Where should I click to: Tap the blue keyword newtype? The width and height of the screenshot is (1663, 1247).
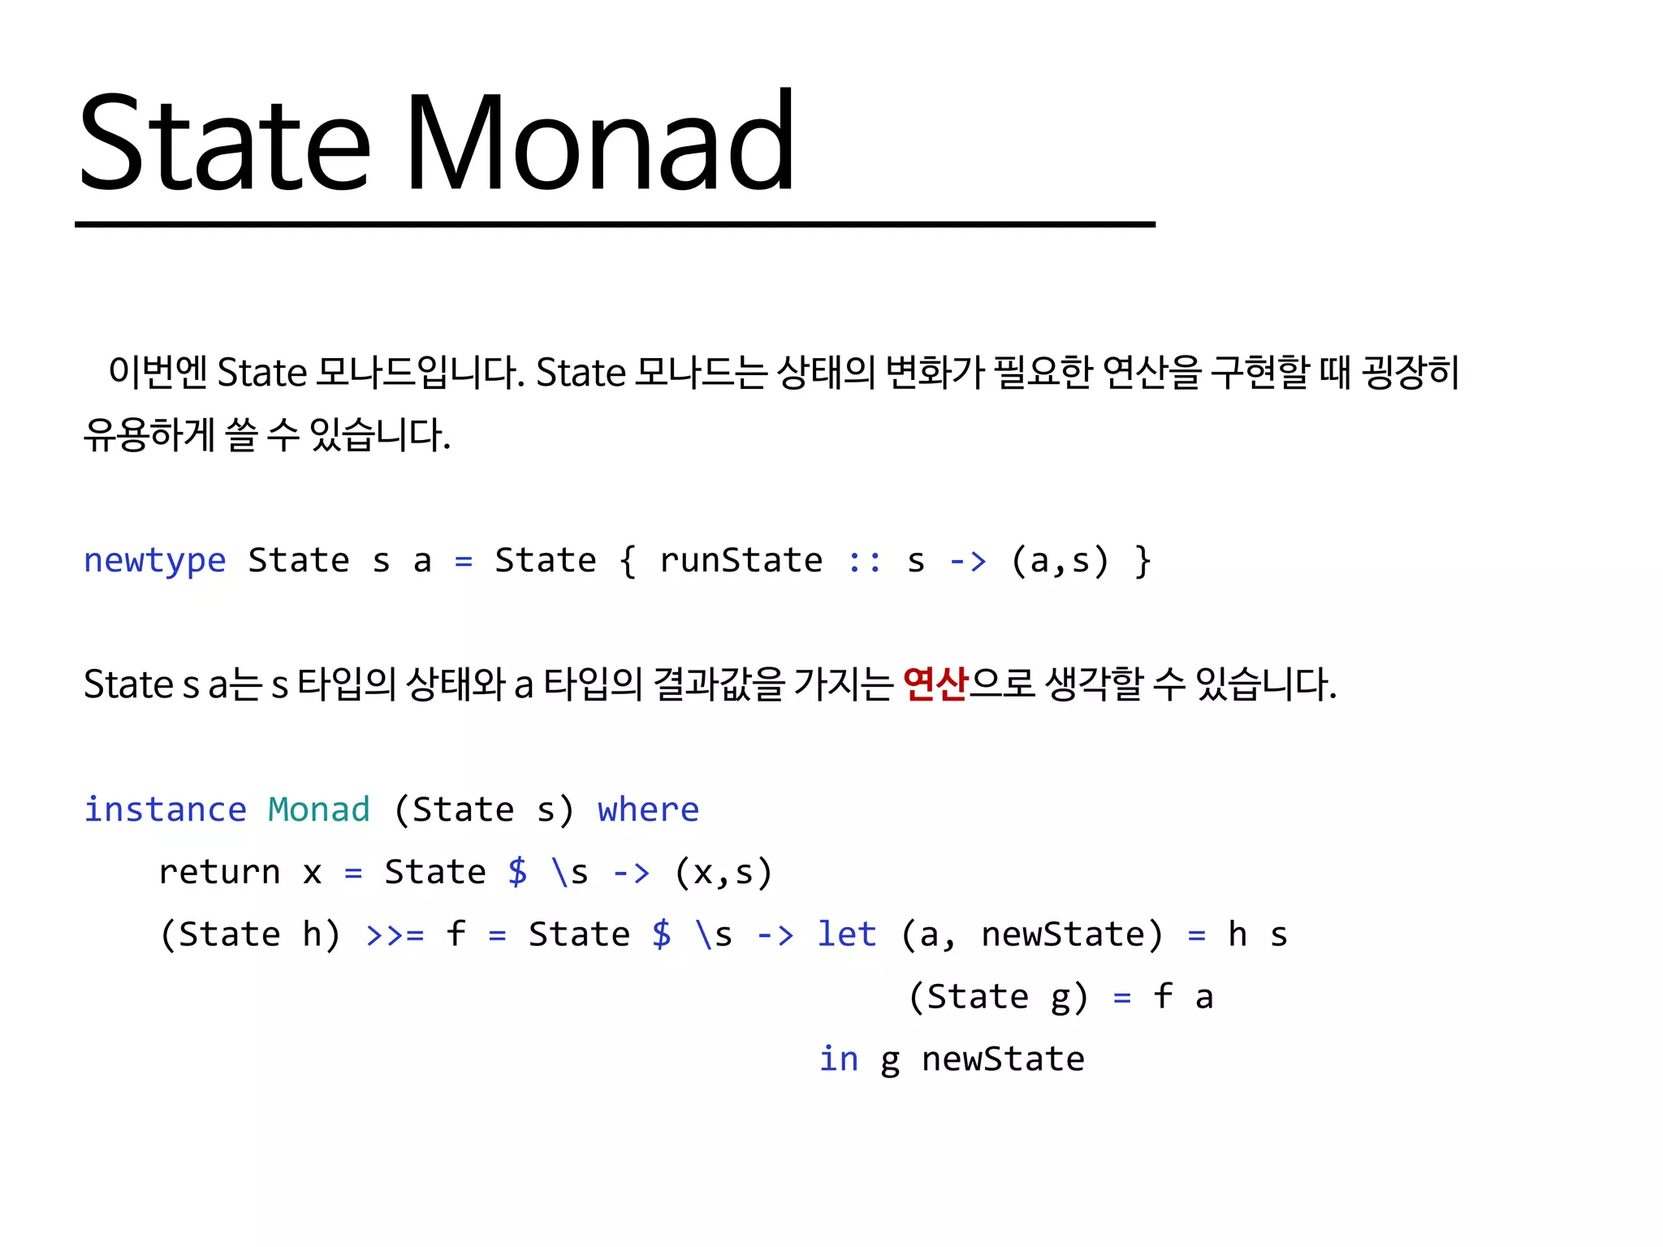pyautogui.click(x=155, y=561)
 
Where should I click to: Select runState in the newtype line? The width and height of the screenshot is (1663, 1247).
pyautogui.click(x=741, y=561)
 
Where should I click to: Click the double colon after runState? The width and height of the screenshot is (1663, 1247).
pyautogui.click(x=865, y=561)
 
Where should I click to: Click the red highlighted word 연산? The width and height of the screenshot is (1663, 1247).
pyautogui.click(x=935, y=684)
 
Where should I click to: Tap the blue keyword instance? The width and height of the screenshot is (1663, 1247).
pyautogui.click(x=165, y=809)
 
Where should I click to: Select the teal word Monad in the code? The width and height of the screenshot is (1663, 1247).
pyautogui.click(x=319, y=809)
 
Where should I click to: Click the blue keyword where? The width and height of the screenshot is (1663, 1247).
pyautogui.click(x=648, y=809)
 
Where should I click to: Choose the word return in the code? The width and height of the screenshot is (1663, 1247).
pyautogui.click(x=219, y=872)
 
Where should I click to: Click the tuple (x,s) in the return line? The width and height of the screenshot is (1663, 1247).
pyautogui.click(x=723, y=872)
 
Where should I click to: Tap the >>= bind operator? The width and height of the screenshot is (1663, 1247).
pyautogui.click(x=395, y=934)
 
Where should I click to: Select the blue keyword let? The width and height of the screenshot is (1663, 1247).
pyautogui.click(x=847, y=934)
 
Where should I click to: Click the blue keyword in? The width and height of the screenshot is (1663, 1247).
pyautogui.click(x=838, y=1059)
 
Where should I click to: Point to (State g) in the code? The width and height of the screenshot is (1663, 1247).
pyautogui.click(x=997, y=997)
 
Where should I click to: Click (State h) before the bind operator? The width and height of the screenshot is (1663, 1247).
pyautogui.click(x=250, y=934)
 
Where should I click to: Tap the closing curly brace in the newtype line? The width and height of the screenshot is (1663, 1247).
pyautogui.click(x=1143, y=561)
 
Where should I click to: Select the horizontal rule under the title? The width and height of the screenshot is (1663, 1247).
pyautogui.click(x=615, y=224)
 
